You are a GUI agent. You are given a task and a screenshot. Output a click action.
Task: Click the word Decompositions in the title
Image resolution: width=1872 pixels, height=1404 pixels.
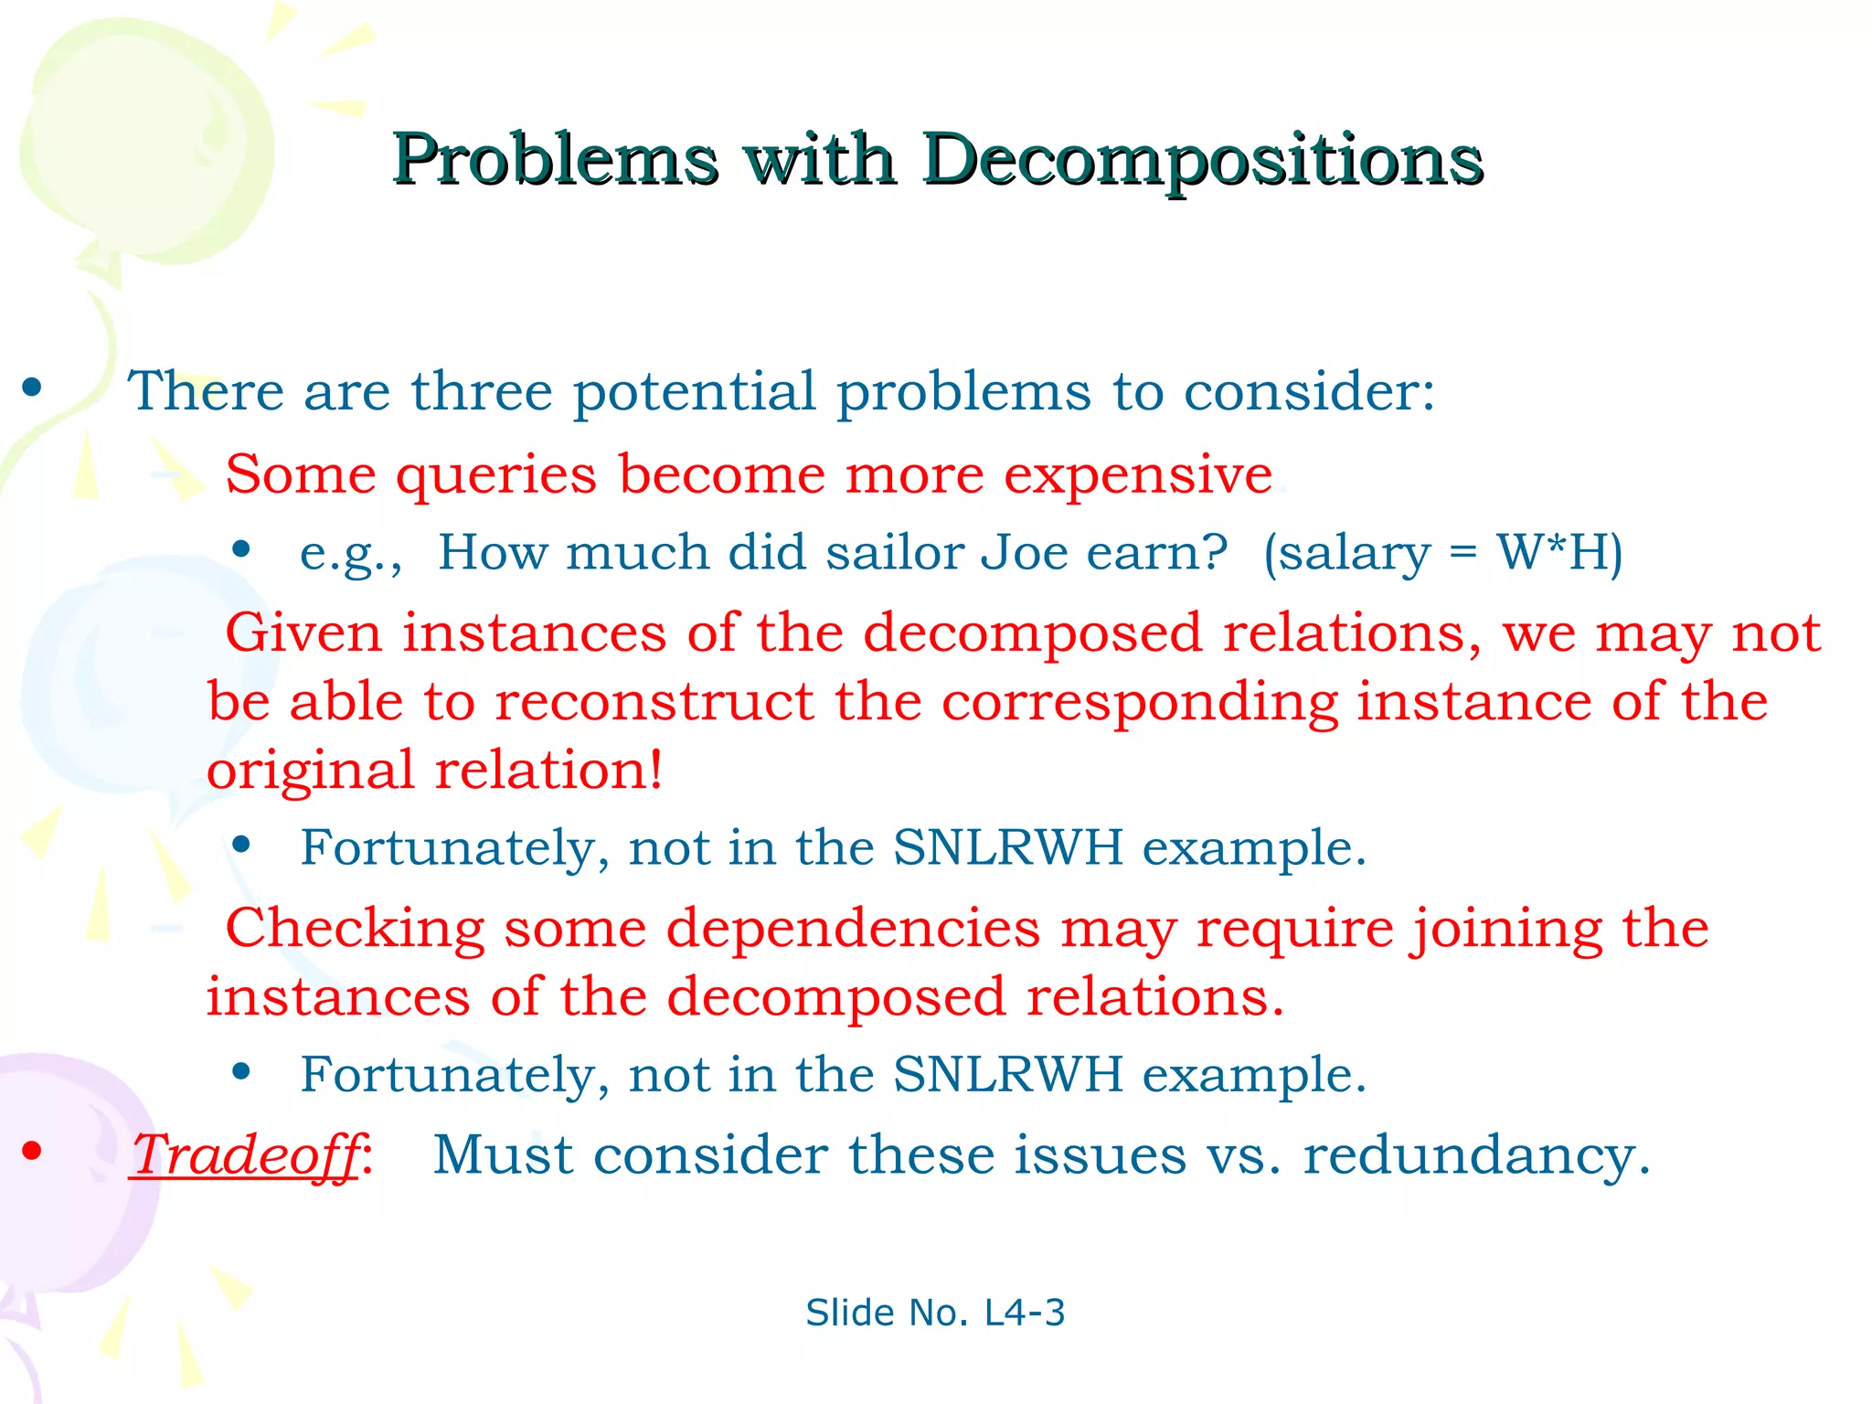pos(1202,161)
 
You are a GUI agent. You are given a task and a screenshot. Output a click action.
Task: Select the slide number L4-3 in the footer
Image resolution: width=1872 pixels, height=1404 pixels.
pos(1024,1313)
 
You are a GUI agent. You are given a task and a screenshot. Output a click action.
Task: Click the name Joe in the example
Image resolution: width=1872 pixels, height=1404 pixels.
pos(1024,552)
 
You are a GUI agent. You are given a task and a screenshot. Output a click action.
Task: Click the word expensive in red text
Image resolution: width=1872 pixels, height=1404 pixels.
pos(1137,474)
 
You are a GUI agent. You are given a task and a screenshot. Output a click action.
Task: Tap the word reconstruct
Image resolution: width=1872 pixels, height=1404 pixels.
pos(654,702)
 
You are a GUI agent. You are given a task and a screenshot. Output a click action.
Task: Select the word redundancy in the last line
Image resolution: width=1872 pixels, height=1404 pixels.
pos(1475,1154)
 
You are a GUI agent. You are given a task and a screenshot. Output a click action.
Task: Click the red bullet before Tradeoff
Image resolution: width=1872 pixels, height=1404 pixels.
pos(33,1151)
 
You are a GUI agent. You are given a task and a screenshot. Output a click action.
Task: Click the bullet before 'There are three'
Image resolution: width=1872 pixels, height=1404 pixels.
pos(33,388)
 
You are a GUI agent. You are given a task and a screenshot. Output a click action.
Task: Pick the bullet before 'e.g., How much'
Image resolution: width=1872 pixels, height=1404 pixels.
pos(241,549)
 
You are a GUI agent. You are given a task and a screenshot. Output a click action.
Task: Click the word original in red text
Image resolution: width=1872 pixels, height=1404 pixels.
pos(310,771)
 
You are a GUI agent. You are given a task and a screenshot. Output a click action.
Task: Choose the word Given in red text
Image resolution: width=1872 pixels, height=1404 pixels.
pos(304,633)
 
